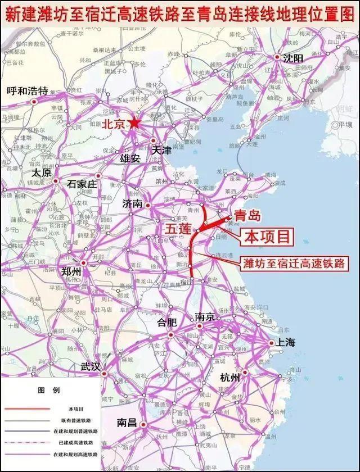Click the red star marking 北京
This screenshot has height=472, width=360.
(134, 123)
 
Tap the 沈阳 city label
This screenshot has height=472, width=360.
(294, 58)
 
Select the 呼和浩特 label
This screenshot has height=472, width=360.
(28, 90)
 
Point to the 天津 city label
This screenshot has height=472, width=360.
(161, 150)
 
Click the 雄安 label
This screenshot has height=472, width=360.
(130, 158)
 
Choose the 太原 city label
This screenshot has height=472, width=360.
(42, 172)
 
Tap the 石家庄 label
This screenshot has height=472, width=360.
(83, 184)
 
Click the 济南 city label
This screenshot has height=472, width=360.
(133, 203)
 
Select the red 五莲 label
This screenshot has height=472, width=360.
(178, 229)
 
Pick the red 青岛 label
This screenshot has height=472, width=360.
(248, 215)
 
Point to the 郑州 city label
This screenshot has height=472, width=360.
(71, 271)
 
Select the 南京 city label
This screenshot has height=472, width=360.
(206, 317)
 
